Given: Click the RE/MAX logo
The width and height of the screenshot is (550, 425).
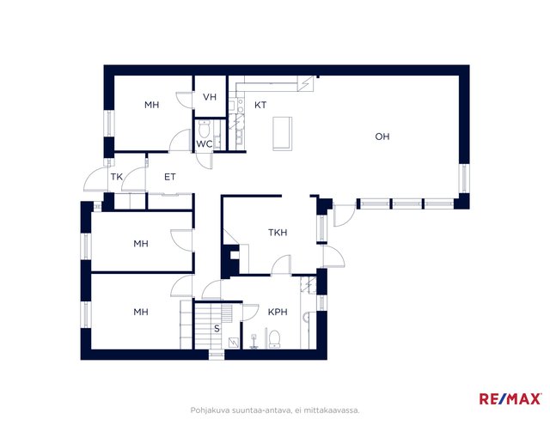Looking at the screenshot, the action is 510,398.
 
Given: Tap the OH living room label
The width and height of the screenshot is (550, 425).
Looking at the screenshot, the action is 382,137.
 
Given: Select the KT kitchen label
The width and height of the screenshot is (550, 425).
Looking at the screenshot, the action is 260,105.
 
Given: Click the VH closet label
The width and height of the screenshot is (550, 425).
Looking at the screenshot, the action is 210,97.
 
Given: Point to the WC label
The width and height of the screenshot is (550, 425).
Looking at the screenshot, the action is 204,143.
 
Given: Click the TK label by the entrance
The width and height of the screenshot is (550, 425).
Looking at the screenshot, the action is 117,177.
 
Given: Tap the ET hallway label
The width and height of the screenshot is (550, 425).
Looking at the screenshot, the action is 170,177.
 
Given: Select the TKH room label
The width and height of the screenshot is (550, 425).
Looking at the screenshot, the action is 278,233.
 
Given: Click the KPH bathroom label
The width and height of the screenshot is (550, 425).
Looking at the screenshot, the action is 278,312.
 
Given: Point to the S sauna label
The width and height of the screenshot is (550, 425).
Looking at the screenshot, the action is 217,329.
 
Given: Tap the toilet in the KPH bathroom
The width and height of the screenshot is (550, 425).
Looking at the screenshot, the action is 274,339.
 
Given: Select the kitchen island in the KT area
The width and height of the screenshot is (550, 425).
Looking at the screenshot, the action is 283,133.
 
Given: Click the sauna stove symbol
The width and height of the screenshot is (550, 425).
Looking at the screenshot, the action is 234,343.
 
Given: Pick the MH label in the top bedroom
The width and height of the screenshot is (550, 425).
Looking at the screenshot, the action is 151,105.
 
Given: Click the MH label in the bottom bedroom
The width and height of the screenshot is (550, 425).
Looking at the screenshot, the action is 141,312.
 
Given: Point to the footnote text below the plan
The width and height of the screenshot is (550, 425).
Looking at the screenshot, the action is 275,410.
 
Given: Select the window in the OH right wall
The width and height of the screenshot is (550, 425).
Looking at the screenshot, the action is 464,178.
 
